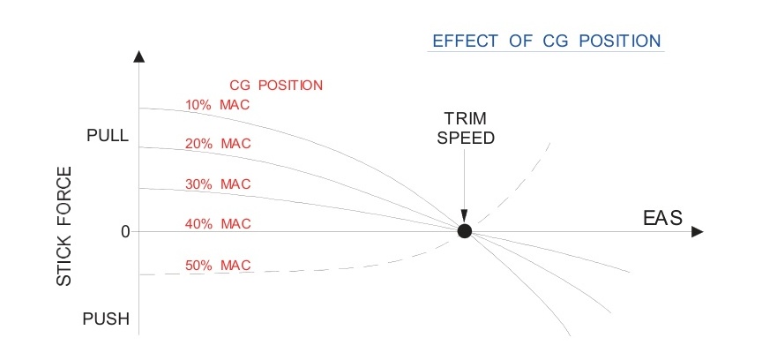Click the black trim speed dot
(x=465, y=231)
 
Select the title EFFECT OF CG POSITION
(x=545, y=41)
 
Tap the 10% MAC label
(x=218, y=105)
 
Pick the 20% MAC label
(x=218, y=144)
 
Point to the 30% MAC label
(x=218, y=184)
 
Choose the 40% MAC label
(x=218, y=224)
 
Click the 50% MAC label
(x=218, y=265)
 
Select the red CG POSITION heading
(x=276, y=86)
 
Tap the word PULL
(x=108, y=137)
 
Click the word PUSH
(x=106, y=319)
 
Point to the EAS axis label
(x=661, y=218)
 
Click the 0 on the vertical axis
(x=125, y=231)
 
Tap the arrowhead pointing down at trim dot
(x=465, y=217)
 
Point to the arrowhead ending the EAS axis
(x=697, y=231)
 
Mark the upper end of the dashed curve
(x=549, y=142)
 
